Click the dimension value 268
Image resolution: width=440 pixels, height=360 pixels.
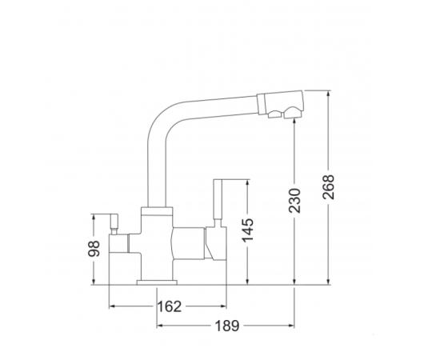point(329,187)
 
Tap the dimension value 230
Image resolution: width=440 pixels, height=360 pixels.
point(294,201)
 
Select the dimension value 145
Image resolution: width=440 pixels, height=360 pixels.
point(247,230)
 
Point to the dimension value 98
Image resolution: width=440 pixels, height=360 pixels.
point(94,249)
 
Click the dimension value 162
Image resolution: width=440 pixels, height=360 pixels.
point(170,306)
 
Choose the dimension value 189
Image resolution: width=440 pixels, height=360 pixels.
point(227,326)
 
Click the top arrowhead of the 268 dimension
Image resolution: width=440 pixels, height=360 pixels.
point(328,94)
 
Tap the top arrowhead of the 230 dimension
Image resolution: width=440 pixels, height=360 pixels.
point(294,122)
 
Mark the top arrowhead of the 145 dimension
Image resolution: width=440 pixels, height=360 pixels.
point(247,183)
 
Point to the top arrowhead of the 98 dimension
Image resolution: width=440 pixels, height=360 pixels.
point(94,218)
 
